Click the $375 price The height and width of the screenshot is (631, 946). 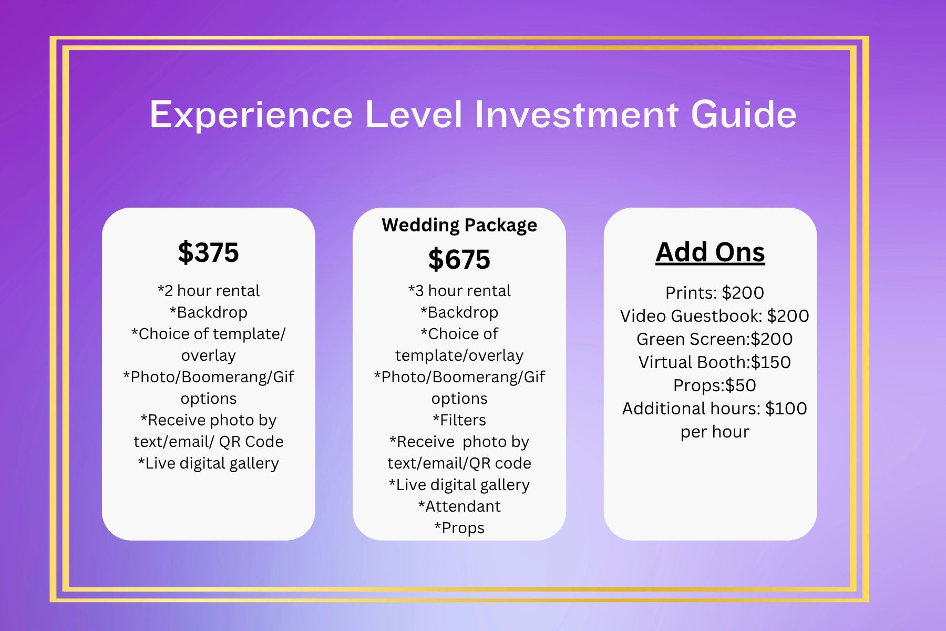(208, 252)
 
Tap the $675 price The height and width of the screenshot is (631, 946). (459, 259)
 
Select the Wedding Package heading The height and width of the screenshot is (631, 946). (459, 225)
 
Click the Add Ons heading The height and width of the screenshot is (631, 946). (710, 252)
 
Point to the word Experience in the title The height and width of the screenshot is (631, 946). (251, 115)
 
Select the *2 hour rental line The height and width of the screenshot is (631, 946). (209, 291)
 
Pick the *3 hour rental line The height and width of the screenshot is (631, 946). (459, 291)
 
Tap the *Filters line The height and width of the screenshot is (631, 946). (459, 420)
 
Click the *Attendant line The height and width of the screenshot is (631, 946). (459, 506)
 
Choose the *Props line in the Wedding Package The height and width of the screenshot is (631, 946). (459, 528)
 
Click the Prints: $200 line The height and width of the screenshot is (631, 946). (715, 293)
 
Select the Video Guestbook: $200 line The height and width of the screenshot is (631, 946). (715, 316)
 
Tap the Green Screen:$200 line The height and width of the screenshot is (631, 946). (715, 339)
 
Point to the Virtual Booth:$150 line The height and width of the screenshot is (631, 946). (715, 362)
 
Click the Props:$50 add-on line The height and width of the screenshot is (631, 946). (715, 385)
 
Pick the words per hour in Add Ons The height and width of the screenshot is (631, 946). (715, 432)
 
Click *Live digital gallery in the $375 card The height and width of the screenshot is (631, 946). (209, 463)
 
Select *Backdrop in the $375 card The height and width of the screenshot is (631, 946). (209, 312)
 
